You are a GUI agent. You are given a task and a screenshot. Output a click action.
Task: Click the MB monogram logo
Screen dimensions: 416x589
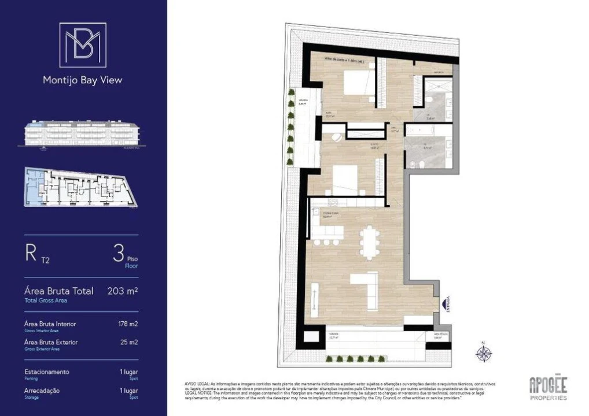(83, 45)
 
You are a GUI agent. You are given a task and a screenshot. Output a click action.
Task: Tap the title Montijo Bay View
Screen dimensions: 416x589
(83, 80)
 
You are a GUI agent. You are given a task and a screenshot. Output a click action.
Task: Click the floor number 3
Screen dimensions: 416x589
(118, 253)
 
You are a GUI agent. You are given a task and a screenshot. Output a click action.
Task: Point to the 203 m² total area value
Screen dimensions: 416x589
(123, 291)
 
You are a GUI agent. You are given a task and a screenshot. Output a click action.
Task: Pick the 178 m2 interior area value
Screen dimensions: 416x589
(128, 324)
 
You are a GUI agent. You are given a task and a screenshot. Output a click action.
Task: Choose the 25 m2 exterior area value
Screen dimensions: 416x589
(130, 342)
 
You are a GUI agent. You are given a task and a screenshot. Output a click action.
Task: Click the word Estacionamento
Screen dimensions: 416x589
(47, 372)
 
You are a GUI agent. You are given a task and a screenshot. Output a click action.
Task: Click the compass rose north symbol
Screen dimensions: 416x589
(484, 352)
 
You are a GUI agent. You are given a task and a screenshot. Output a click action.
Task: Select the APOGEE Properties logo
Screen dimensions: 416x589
(548, 388)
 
